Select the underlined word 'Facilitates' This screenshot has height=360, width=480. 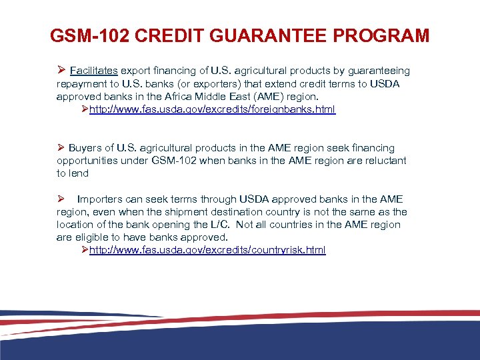[x=94, y=71]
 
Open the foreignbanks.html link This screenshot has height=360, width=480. [x=212, y=109]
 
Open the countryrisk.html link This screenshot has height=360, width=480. [x=207, y=250]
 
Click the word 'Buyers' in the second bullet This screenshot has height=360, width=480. [x=85, y=147]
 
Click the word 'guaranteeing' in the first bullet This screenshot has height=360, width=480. [x=379, y=71]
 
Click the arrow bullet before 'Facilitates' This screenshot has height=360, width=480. [x=61, y=71]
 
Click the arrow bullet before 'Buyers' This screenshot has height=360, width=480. [x=61, y=147]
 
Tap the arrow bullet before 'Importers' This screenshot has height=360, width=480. [x=61, y=199]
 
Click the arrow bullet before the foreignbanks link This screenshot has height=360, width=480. [x=84, y=109]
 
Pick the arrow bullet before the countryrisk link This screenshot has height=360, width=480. [x=84, y=250]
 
